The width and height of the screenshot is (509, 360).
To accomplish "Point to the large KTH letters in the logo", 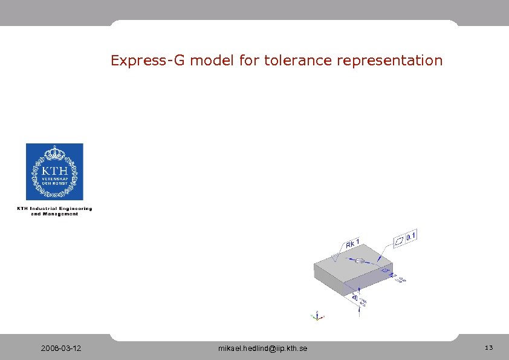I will [54, 171].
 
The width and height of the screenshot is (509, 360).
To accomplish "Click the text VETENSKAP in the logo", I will [54, 180].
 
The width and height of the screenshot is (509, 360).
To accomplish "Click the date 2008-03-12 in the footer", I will [62, 349].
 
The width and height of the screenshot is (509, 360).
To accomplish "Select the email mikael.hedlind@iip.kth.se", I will [262, 349].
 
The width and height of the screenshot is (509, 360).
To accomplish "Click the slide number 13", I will [488, 348].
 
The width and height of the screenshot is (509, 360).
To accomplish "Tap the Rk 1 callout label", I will [353, 244].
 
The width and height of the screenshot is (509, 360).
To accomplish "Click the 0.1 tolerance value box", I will [411, 236].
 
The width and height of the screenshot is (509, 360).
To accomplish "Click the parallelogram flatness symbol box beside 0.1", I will [400, 241].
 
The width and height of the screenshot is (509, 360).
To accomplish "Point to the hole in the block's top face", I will [359, 261].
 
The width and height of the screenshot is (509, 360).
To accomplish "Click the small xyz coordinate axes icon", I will [316, 315].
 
